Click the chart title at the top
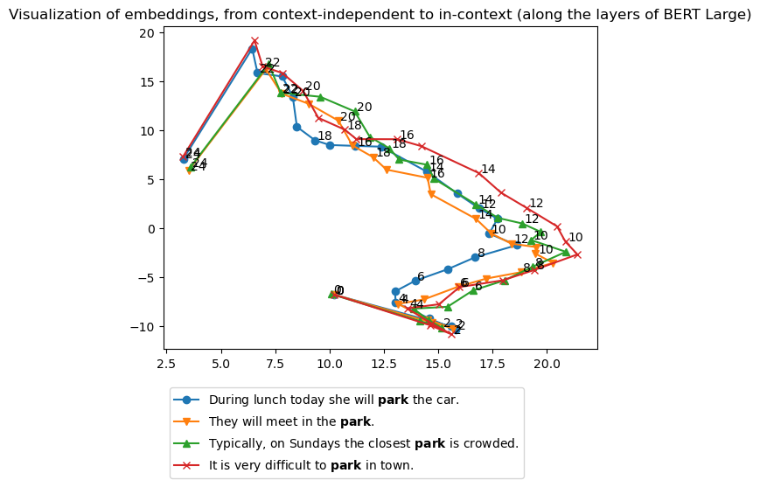pos(380,14)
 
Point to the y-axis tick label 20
pos(146,33)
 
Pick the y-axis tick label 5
pos(150,180)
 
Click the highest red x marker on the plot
pos(254,41)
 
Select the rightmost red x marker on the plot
pos(577,254)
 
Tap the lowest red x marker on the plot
pos(451,334)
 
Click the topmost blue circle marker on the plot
pos(253,49)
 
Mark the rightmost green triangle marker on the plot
pos(566,252)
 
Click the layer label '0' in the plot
pos(339,290)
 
